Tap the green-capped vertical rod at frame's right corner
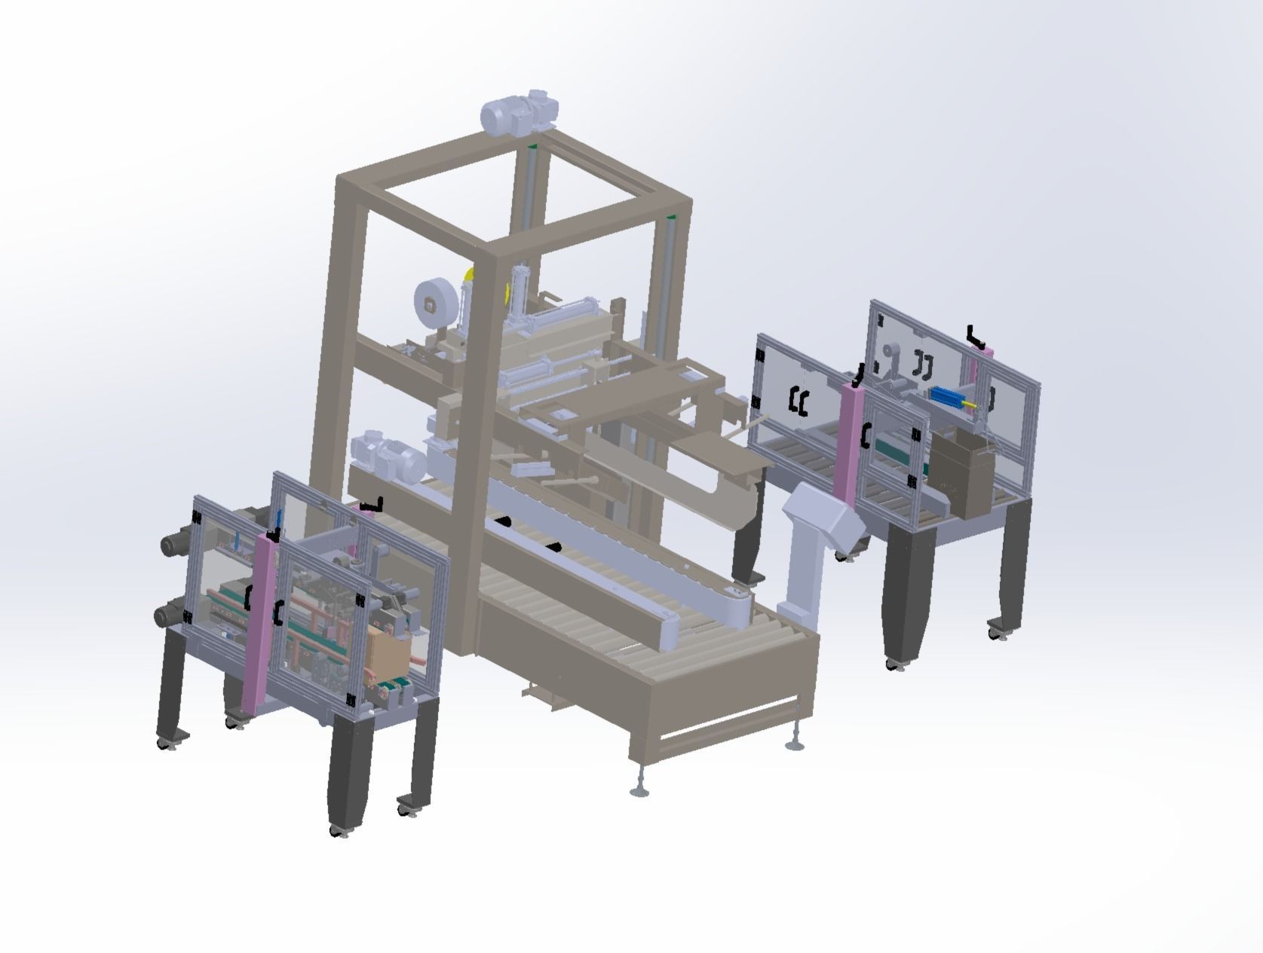[670, 256]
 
